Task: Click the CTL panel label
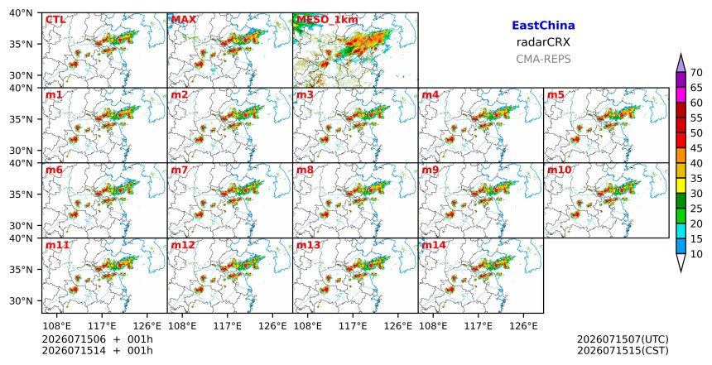point(55,20)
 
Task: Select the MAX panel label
point(184,20)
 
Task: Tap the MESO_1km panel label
point(327,20)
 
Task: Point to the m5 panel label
point(556,95)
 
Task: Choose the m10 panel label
point(559,170)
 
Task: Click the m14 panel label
point(434,245)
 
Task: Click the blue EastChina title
point(543,26)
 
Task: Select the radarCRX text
point(543,42)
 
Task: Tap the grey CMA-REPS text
point(543,59)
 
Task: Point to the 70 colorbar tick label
point(696,73)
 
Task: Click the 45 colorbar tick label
point(696,148)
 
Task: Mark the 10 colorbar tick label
point(696,254)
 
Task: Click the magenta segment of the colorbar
point(681,95)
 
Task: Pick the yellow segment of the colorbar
point(681,185)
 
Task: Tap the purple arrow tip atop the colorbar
point(681,54)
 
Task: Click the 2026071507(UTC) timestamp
point(623,339)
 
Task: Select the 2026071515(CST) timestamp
point(623,351)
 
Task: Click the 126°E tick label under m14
point(523,326)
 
